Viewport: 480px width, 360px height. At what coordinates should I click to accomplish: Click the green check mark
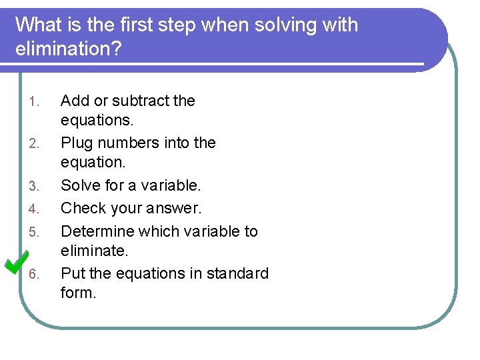(16, 262)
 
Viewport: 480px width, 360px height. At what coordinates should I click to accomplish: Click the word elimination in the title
(68, 49)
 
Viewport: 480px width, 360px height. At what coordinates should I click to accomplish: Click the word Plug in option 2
(76, 143)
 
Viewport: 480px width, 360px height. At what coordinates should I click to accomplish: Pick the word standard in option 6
(237, 273)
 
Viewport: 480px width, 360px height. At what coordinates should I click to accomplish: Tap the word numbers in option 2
(127, 143)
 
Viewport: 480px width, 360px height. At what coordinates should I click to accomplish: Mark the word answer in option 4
(175, 208)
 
